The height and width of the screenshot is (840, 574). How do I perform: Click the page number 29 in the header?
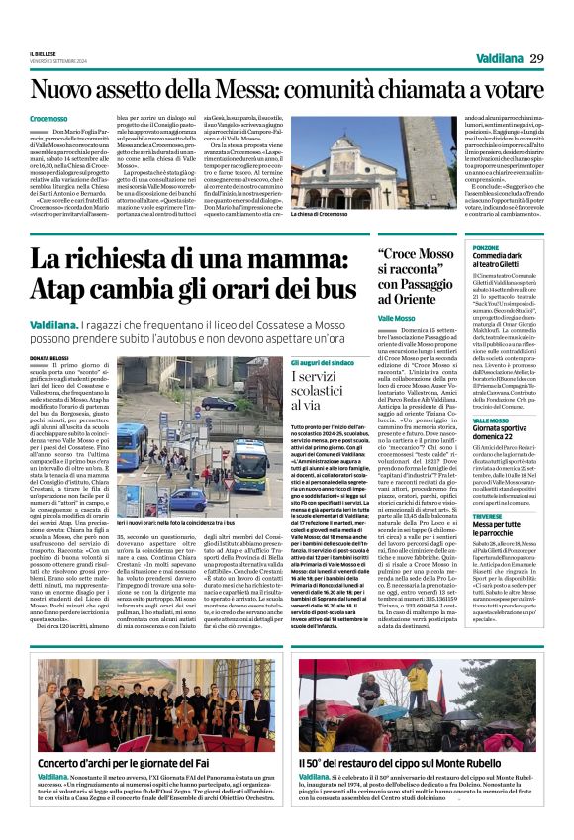point(536,59)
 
